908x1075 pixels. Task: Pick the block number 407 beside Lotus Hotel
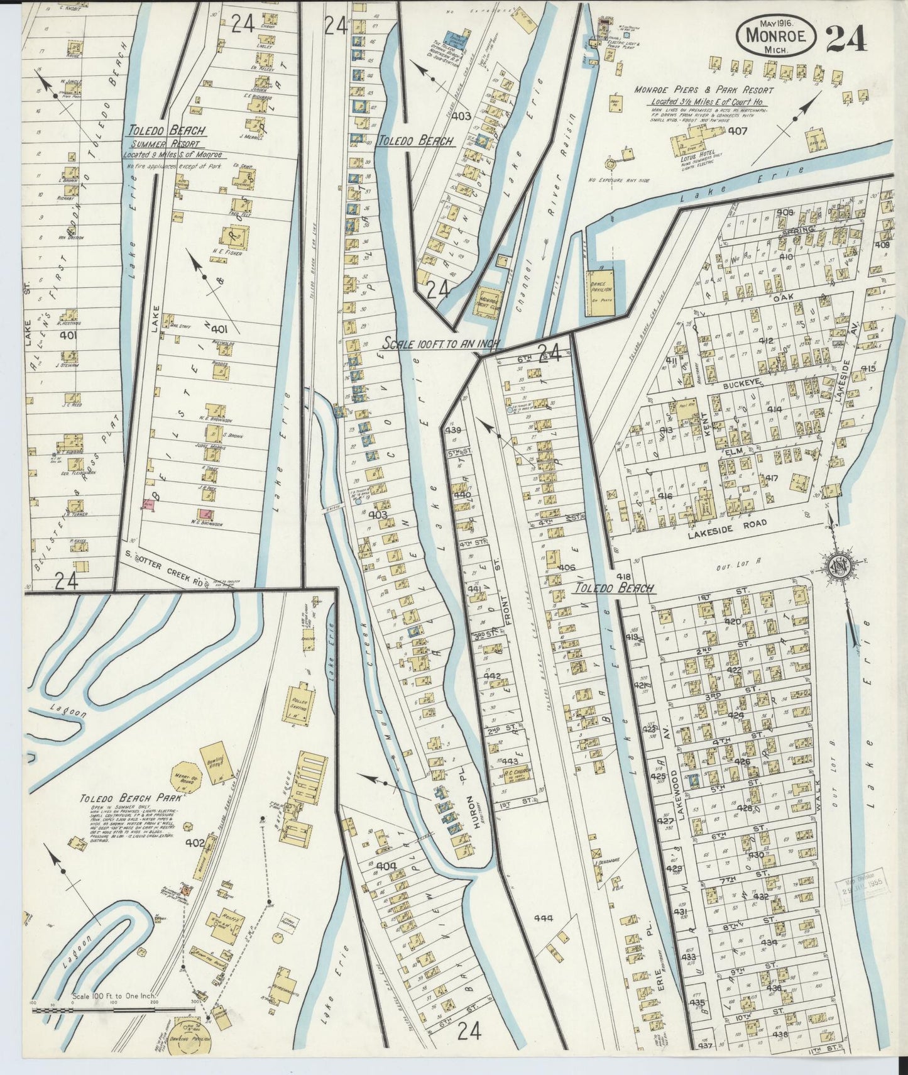737,131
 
